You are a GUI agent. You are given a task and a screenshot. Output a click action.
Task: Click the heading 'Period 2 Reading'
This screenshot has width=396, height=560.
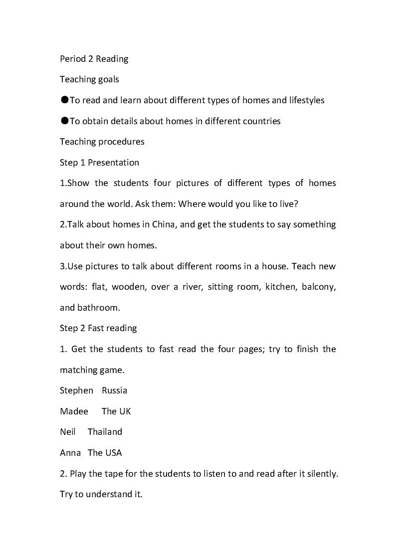[x=94, y=59]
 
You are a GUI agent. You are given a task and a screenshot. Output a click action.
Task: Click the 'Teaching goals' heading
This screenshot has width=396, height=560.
[x=89, y=79]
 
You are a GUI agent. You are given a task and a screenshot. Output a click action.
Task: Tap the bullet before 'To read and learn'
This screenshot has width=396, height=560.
[x=64, y=100]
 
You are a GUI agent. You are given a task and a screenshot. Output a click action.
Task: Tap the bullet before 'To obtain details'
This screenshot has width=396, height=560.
[x=64, y=121]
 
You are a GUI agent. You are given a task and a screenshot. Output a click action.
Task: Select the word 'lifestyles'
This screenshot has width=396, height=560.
[x=306, y=100]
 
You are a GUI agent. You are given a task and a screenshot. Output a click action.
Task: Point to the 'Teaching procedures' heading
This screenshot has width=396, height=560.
[x=102, y=142]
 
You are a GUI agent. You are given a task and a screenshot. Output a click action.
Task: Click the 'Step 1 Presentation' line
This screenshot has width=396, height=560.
[x=99, y=163]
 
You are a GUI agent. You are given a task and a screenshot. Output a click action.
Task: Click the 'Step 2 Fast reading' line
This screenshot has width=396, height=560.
[x=98, y=328]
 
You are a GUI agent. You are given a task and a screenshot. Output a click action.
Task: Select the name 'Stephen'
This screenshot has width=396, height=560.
[x=76, y=390]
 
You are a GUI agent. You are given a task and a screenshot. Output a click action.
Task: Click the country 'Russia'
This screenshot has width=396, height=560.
[x=114, y=390]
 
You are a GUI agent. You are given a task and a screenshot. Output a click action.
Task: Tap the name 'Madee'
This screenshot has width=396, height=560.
[x=74, y=411]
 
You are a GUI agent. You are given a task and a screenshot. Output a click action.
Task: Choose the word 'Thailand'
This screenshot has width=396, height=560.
[x=105, y=432]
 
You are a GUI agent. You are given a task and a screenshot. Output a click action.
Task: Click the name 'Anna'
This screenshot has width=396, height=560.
[x=70, y=453]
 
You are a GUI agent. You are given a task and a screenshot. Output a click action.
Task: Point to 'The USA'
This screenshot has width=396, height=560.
[x=105, y=453]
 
